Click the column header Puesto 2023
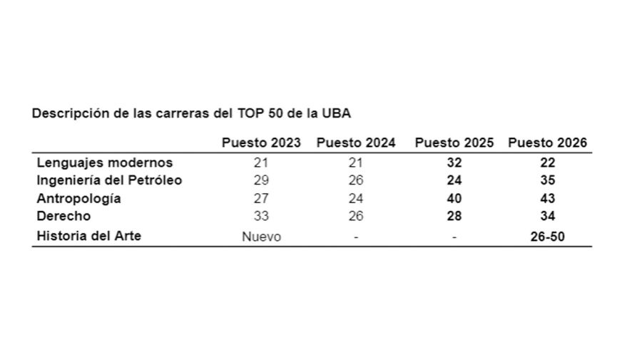(261, 143)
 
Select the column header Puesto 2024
(356, 143)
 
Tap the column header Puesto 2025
(454, 143)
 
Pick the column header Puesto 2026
(547, 143)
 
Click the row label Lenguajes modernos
(105, 163)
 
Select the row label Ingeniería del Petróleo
(109, 180)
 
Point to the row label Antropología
(78, 199)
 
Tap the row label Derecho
(64, 216)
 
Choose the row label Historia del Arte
(89, 236)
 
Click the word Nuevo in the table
(261, 237)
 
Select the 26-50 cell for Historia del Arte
(547, 237)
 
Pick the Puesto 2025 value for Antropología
(454, 199)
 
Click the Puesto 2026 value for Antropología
(547, 199)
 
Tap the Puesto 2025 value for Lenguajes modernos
(454, 163)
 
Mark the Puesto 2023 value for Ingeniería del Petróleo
(261, 180)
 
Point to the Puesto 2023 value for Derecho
(261, 216)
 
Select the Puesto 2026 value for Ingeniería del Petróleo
(547, 180)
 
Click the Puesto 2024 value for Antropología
(356, 199)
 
